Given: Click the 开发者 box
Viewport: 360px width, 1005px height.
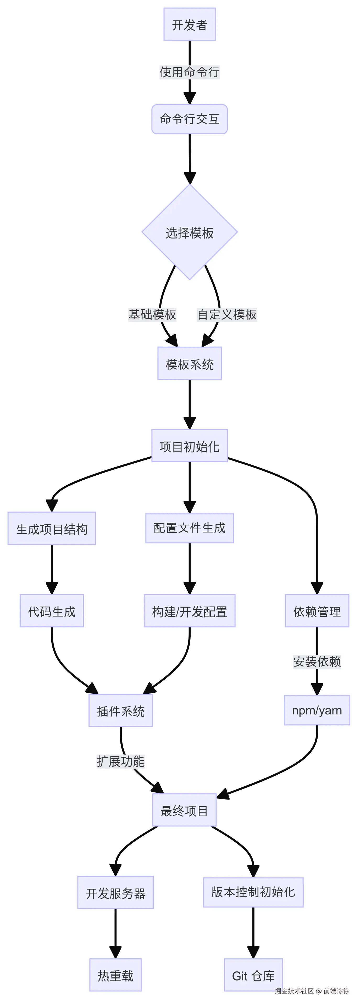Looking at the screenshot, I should (x=189, y=25).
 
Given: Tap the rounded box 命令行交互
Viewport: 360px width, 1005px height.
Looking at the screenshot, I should (x=189, y=119).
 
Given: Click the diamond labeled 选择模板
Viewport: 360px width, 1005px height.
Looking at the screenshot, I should (x=189, y=232).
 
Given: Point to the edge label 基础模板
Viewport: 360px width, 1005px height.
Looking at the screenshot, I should (x=152, y=314).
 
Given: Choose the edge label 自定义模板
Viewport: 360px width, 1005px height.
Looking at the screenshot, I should (x=227, y=314).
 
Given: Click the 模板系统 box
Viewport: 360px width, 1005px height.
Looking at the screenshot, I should (x=189, y=364).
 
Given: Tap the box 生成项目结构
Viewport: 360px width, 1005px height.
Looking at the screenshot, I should (x=52, y=529).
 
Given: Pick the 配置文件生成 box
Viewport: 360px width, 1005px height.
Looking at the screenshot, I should (x=189, y=528).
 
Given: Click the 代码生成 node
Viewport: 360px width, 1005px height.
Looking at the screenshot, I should (x=52, y=611).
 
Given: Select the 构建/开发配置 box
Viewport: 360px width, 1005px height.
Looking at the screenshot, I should (x=189, y=611).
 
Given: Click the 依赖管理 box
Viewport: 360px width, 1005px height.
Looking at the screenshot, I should (x=317, y=611).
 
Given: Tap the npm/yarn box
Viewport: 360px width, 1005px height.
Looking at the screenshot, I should (x=317, y=710).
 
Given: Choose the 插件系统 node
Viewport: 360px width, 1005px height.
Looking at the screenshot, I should (x=120, y=711).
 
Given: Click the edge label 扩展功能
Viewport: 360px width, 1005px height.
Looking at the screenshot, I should (x=120, y=761).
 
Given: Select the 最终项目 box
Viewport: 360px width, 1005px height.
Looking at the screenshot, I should (x=184, y=811).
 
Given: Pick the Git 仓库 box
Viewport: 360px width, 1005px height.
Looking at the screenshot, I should (x=253, y=975).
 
